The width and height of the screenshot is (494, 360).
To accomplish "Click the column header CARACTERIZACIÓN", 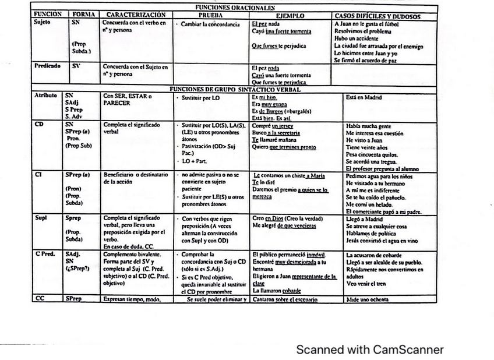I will click(136, 15).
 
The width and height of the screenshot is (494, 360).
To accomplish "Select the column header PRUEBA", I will click(210, 15).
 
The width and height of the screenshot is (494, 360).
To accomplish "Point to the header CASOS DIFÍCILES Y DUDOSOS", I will click(377, 16).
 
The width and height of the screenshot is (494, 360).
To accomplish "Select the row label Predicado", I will click(47, 66).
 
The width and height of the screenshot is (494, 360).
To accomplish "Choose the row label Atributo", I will click(45, 95).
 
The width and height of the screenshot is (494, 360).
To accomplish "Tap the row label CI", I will click(38, 174).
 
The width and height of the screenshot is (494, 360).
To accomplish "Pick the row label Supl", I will click(40, 218).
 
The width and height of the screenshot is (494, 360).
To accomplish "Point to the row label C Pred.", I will click(45, 255).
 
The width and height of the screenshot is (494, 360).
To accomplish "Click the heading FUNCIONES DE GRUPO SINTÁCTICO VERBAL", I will click(235, 89).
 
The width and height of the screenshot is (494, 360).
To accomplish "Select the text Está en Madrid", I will click(364, 97).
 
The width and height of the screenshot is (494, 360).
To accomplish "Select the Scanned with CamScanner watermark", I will click(369, 350).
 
